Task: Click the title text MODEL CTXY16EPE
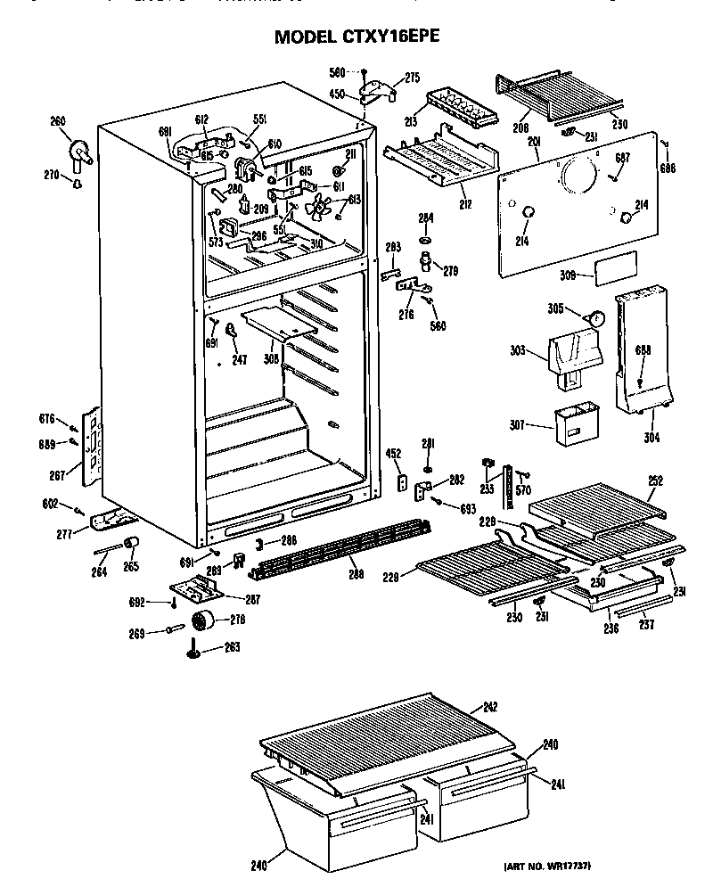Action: click(x=356, y=37)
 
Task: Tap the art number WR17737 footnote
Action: click(x=548, y=866)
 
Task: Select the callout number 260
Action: click(x=58, y=121)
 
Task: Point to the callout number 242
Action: click(x=489, y=707)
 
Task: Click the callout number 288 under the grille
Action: click(x=356, y=575)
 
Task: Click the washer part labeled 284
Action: click(x=427, y=242)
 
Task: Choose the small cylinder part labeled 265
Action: click(x=133, y=544)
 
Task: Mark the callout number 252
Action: click(x=656, y=480)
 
